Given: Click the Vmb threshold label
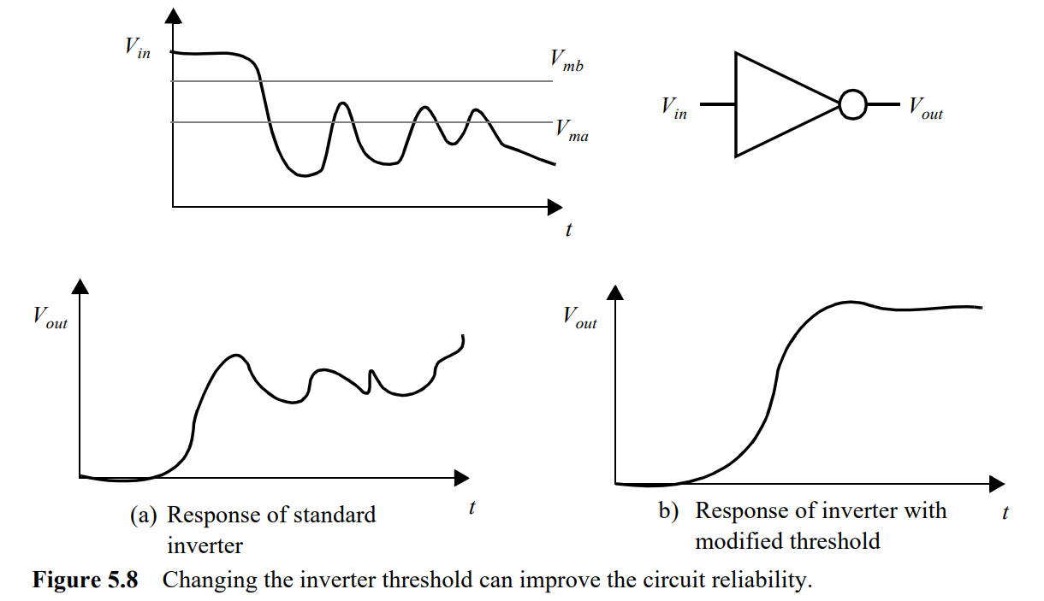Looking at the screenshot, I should click(x=566, y=61).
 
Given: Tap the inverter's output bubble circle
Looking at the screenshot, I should click(x=852, y=105).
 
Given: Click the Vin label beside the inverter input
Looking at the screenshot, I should click(x=673, y=109).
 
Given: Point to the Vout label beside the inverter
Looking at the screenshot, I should click(x=925, y=109).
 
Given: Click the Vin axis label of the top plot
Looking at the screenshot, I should click(x=138, y=48).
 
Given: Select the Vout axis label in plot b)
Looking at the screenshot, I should click(x=579, y=317).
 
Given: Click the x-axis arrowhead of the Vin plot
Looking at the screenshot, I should click(x=555, y=206).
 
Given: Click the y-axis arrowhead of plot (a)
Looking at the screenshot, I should click(x=80, y=286).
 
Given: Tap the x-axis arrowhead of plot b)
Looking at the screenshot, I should click(x=997, y=485).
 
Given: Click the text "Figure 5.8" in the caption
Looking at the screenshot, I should click(x=85, y=580).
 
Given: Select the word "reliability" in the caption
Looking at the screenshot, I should click(x=763, y=580).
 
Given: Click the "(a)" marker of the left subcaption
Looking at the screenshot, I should click(x=144, y=516).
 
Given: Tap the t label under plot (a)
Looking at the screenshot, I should click(x=472, y=507).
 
